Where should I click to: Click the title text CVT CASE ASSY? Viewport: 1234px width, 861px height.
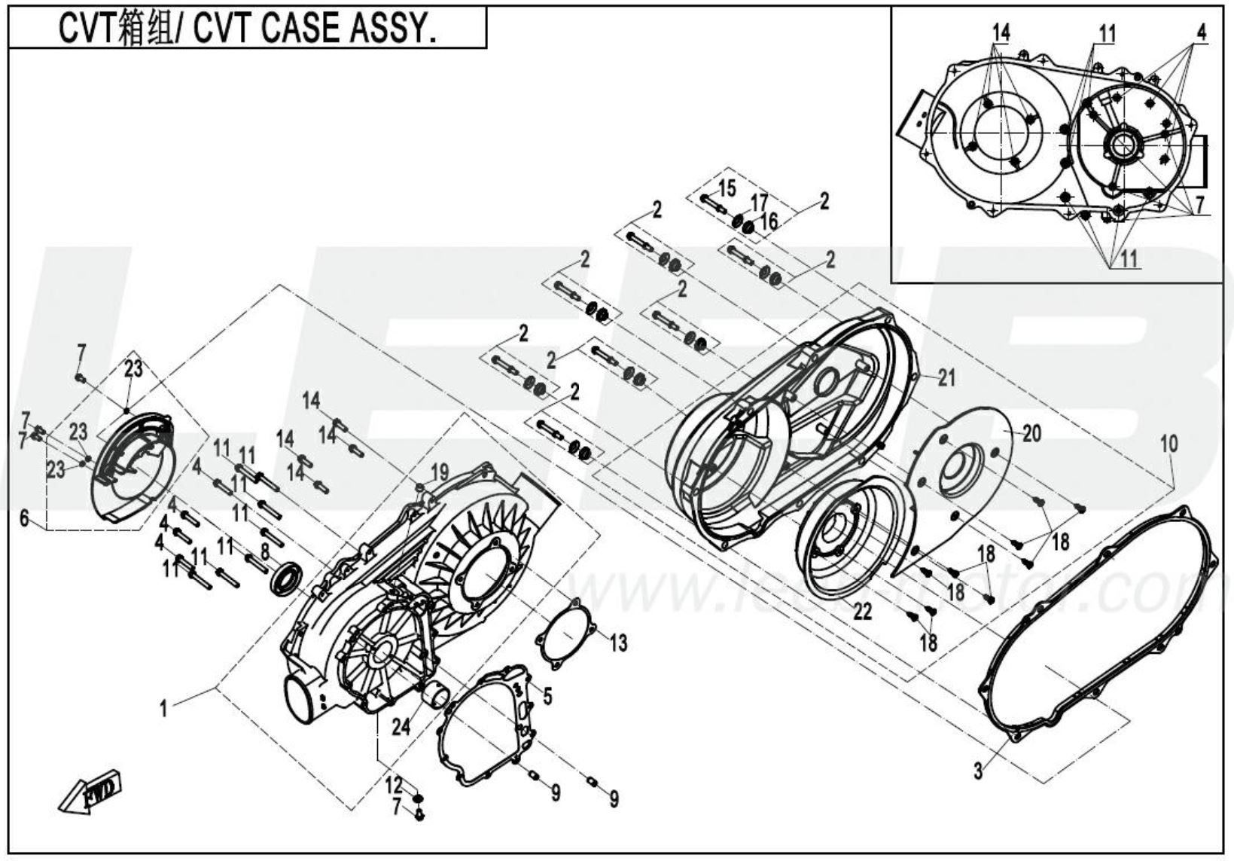(248, 29)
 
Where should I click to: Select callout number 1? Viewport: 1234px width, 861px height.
(163, 708)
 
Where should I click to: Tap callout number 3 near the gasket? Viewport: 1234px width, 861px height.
(978, 771)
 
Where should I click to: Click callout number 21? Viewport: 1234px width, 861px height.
(946, 377)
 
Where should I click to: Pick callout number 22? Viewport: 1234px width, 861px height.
(862, 612)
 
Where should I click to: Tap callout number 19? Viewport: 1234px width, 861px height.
(440, 473)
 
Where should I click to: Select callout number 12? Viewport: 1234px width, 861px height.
(395, 785)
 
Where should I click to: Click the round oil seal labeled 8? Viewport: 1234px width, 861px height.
(287, 579)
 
